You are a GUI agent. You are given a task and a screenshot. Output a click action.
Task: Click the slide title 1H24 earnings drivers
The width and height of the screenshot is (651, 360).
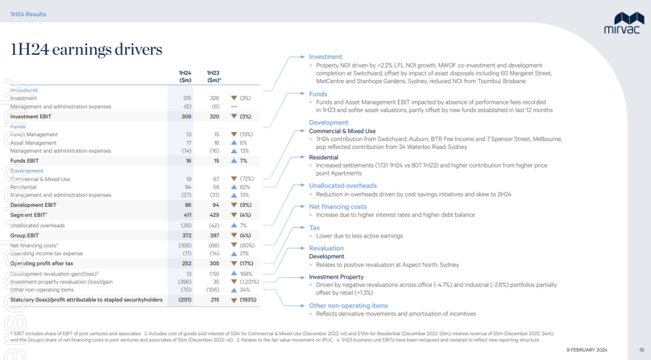coord(86,49)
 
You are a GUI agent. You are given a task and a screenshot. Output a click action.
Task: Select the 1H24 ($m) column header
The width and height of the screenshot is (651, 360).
coord(185,77)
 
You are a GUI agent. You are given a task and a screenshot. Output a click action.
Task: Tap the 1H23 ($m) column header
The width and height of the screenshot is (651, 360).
coord(213,77)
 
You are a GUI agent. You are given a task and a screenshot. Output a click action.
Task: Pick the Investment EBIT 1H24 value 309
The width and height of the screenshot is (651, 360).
coord(186,116)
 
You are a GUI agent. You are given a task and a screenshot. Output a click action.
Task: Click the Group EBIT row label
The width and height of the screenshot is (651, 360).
coord(25,235)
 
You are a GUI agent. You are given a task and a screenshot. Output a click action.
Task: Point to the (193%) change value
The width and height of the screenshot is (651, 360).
coord(248,300)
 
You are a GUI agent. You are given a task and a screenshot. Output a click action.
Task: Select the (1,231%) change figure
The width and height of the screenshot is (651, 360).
coord(249,282)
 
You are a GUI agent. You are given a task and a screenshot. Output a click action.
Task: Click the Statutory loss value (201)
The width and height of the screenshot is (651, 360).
coord(185,300)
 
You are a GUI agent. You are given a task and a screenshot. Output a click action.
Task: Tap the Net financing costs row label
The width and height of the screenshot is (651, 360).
coord(34,245)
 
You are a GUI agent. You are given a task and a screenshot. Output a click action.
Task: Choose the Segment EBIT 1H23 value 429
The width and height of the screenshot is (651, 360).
coord(214,215)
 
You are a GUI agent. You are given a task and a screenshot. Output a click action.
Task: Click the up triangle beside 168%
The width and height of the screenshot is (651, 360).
coord(234,274)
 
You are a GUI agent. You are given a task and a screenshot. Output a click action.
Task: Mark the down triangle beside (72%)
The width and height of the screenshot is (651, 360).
coord(234,179)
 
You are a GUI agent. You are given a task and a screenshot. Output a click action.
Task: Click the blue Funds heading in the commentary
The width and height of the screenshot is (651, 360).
coord(318,94)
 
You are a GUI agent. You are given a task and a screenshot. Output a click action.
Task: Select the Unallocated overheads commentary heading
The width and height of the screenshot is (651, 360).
coord(343,186)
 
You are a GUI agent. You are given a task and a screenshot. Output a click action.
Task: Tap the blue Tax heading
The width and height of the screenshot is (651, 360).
coord(314,228)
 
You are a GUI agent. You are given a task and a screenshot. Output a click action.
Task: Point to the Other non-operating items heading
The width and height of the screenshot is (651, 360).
coord(348,306)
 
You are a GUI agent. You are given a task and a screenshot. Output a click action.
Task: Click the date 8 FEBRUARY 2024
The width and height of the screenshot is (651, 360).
coord(587,350)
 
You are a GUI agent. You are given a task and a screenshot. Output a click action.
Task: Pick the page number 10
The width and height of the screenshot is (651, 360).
coord(641,350)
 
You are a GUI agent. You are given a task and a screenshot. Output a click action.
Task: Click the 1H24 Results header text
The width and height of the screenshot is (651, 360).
coord(28,14)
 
